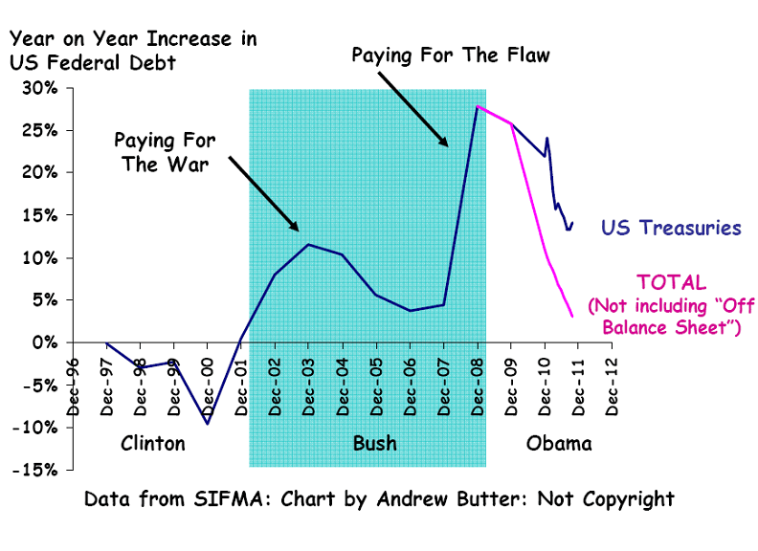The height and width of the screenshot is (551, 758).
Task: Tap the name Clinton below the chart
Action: (x=153, y=444)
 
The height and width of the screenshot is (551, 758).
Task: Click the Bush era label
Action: (x=374, y=444)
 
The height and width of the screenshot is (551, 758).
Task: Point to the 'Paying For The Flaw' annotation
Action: (x=451, y=55)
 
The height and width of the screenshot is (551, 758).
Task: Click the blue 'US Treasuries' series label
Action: (x=671, y=228)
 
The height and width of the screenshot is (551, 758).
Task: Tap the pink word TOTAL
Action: (x=671, y=283)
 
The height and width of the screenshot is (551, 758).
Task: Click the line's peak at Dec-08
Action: (x=477, y=106)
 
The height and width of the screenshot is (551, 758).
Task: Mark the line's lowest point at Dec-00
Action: (x=207, y=423)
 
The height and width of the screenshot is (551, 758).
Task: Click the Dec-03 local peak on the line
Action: (x=307, y=245)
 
